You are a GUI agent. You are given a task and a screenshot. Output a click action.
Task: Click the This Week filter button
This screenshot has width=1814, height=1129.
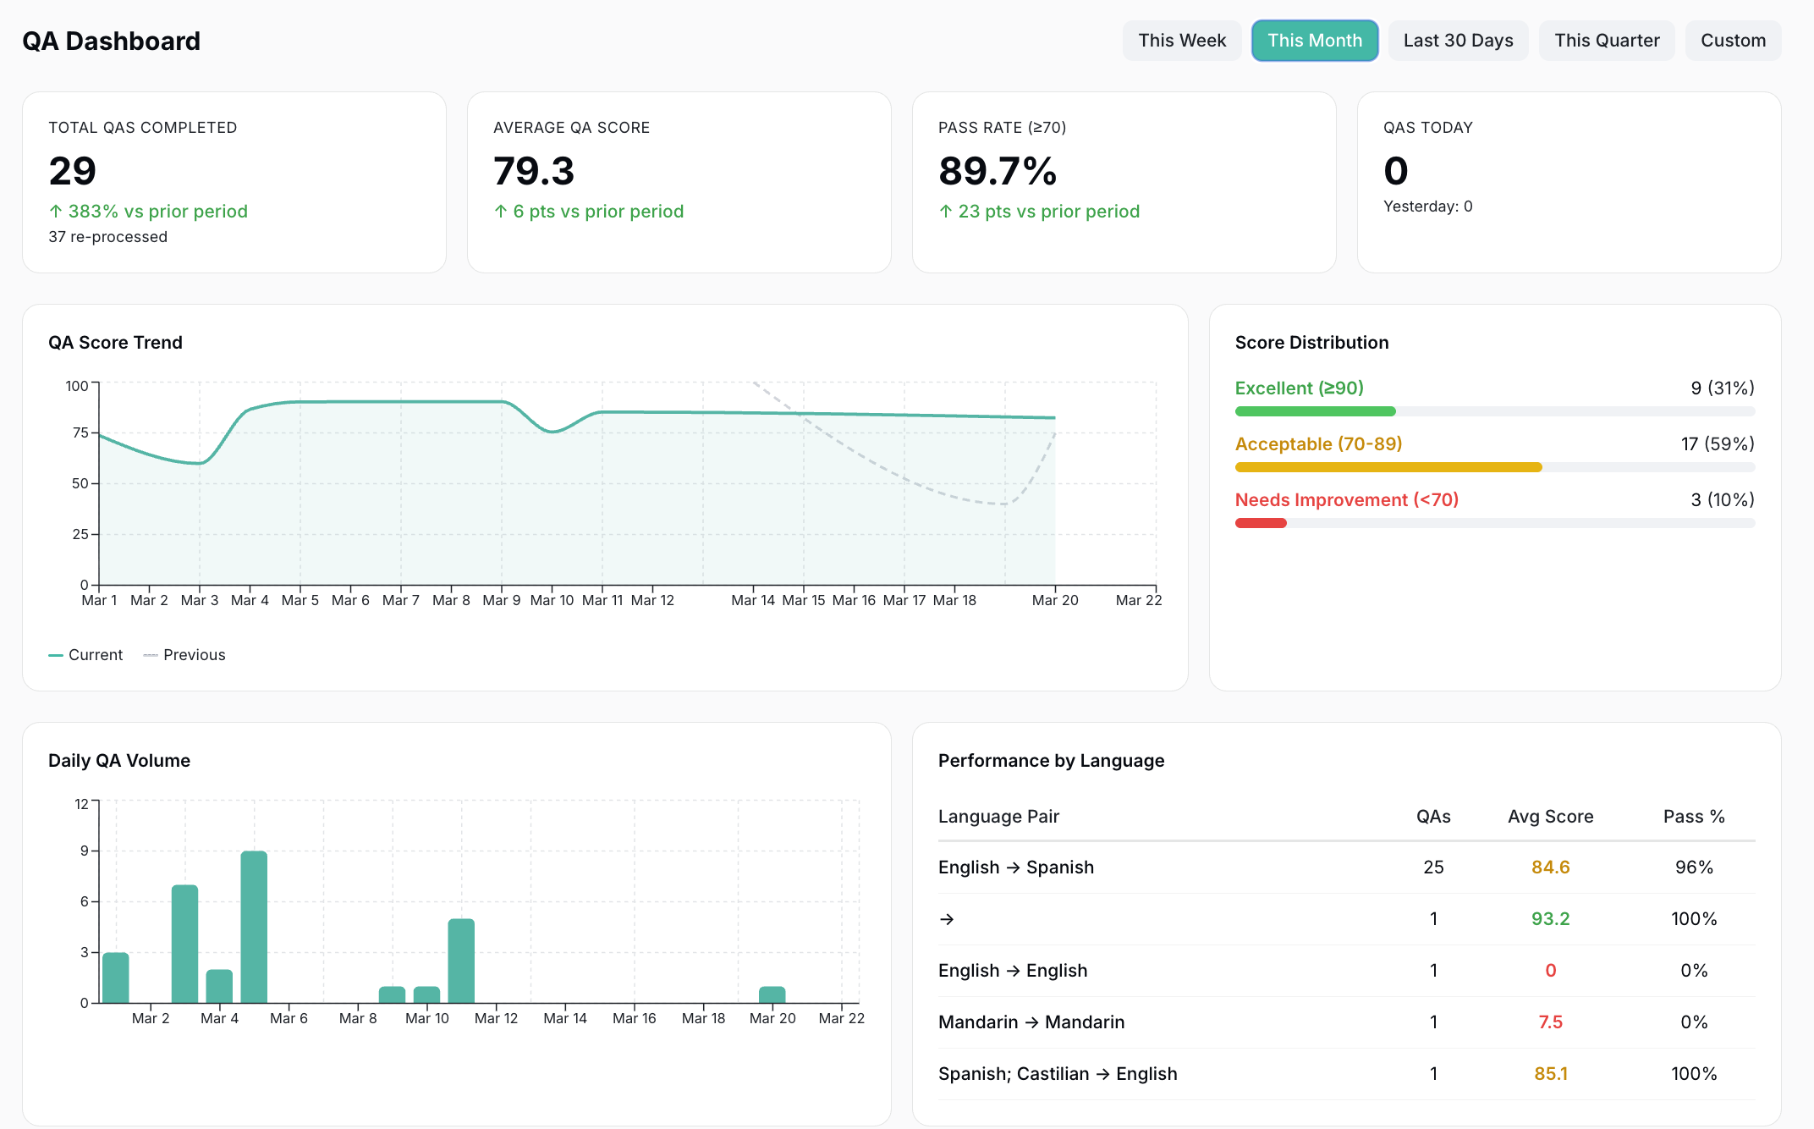click(x=1181, y=41)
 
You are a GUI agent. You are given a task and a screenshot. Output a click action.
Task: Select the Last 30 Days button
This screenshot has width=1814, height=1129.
click(x=1458, y=41)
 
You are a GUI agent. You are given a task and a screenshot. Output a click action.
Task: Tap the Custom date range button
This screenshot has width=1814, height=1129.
click(x=1732, y=41)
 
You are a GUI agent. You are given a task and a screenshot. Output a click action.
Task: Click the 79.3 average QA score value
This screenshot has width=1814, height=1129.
click(x=534, y=171)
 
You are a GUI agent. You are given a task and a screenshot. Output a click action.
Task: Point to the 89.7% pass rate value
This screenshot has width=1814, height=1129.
click(x=998, y=171)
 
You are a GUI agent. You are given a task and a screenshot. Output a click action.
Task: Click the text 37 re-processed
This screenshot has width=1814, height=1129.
click(x=107, y=237)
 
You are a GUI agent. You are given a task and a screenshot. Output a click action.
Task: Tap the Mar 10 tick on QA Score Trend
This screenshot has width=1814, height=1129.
click(x=552, y=600)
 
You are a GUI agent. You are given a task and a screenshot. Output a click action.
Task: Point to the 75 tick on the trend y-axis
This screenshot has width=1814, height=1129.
click(x=80, y=432)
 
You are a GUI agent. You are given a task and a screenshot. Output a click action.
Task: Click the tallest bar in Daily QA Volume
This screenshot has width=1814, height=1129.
click(x=254, y=927)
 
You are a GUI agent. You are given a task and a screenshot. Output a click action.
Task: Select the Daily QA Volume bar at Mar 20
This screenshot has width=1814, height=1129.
click(x=772, y=994)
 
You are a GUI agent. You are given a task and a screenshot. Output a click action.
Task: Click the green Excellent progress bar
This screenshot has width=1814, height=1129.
click(x=1315, y=411)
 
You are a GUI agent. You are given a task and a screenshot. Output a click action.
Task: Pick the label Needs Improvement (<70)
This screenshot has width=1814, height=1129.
click(x=1346, y=500)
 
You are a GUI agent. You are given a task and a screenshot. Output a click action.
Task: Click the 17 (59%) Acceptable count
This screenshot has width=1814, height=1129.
click(x=1717, y=444)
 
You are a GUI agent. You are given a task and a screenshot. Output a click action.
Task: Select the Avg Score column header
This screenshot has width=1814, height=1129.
click(x=1550, y=817)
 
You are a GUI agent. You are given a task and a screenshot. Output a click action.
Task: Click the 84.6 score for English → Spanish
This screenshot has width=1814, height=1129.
click(x=1550, y=867)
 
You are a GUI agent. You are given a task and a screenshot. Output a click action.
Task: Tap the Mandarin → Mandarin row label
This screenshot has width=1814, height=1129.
click(x=1031, y=1022)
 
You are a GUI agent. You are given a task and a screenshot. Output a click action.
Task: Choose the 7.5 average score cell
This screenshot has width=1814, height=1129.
click(x=1550, y=1022)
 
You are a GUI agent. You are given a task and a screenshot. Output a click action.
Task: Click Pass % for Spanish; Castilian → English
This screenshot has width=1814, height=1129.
click(x=1693, y=1074)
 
